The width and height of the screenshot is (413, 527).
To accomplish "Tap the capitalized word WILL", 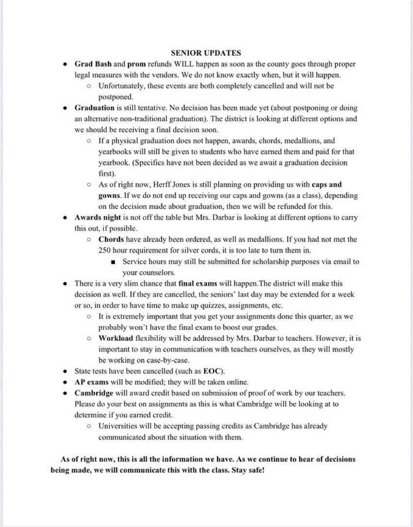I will pyautogui.click(x=181, y=64).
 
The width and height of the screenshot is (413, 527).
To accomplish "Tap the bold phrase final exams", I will pyautogui.click(x=198, y=283).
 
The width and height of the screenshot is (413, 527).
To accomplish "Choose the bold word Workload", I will pyautogui.click(x=116, y=338).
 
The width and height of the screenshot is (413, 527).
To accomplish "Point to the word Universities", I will pyautogui.click(x=119, y=426).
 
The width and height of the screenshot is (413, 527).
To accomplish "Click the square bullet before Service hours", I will pyautogui.click(x=113, y=261).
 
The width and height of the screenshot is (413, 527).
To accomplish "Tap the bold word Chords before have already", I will pyautogui.click(x=111, y=240).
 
